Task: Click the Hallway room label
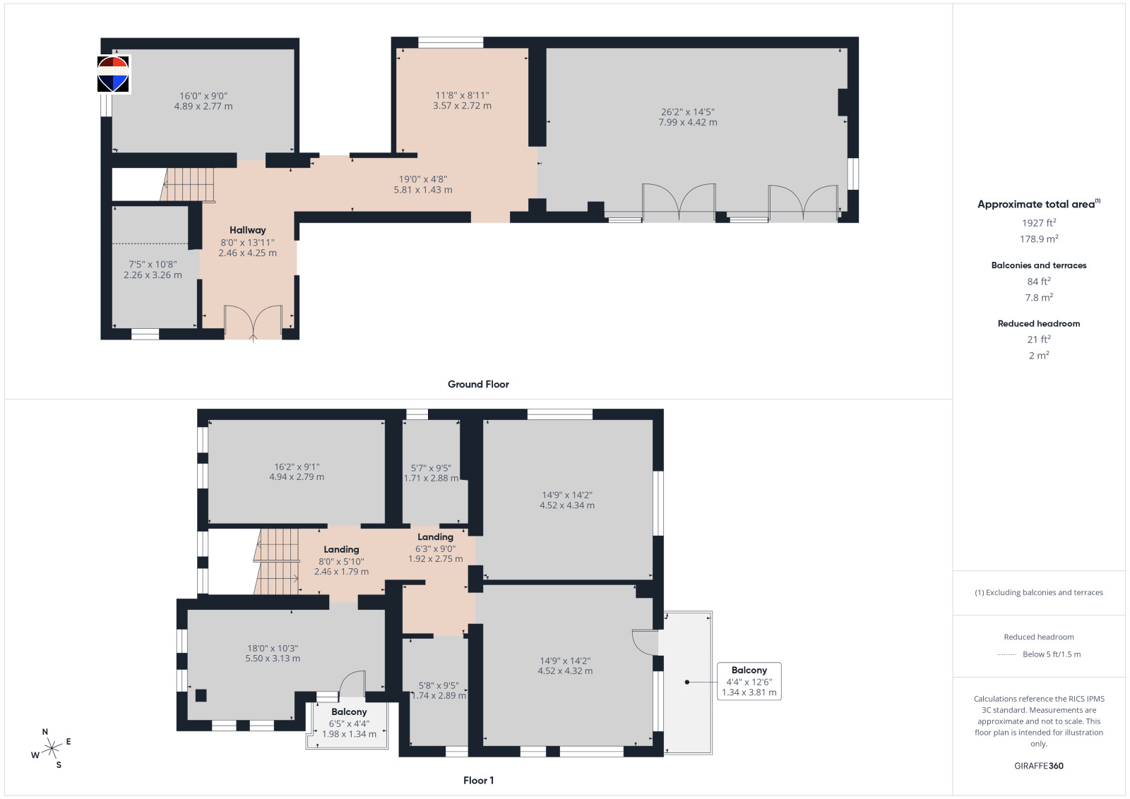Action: [x=247, y=230]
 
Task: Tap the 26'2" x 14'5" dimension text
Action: [x=688, y=112]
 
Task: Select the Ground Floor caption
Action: [x=478, y=384]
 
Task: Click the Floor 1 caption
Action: [x=478, y=781]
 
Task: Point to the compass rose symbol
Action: [x=51, y=749]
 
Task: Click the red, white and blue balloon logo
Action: [x=113, y=74]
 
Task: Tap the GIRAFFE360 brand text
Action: [x=1039, y=766]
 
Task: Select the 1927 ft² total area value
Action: [x=1039, y=223]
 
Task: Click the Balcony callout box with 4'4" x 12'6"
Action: [x=749, y=681]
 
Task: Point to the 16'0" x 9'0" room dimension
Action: [x=203, y=96]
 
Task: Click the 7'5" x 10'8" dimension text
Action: [x=153, y=264]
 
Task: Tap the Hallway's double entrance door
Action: [x=253, y=321]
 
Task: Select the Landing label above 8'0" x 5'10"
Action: [x=342, y=549]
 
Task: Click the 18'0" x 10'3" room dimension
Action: [x=273, y=648]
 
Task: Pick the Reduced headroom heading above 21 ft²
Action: [x=1039, y=324]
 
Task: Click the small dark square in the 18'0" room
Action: [x=201, y=695]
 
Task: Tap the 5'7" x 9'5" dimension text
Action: [x=432, y=468]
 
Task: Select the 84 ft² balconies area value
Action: [x=1039, y=282]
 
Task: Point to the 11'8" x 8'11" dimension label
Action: [x=462, y=95]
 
